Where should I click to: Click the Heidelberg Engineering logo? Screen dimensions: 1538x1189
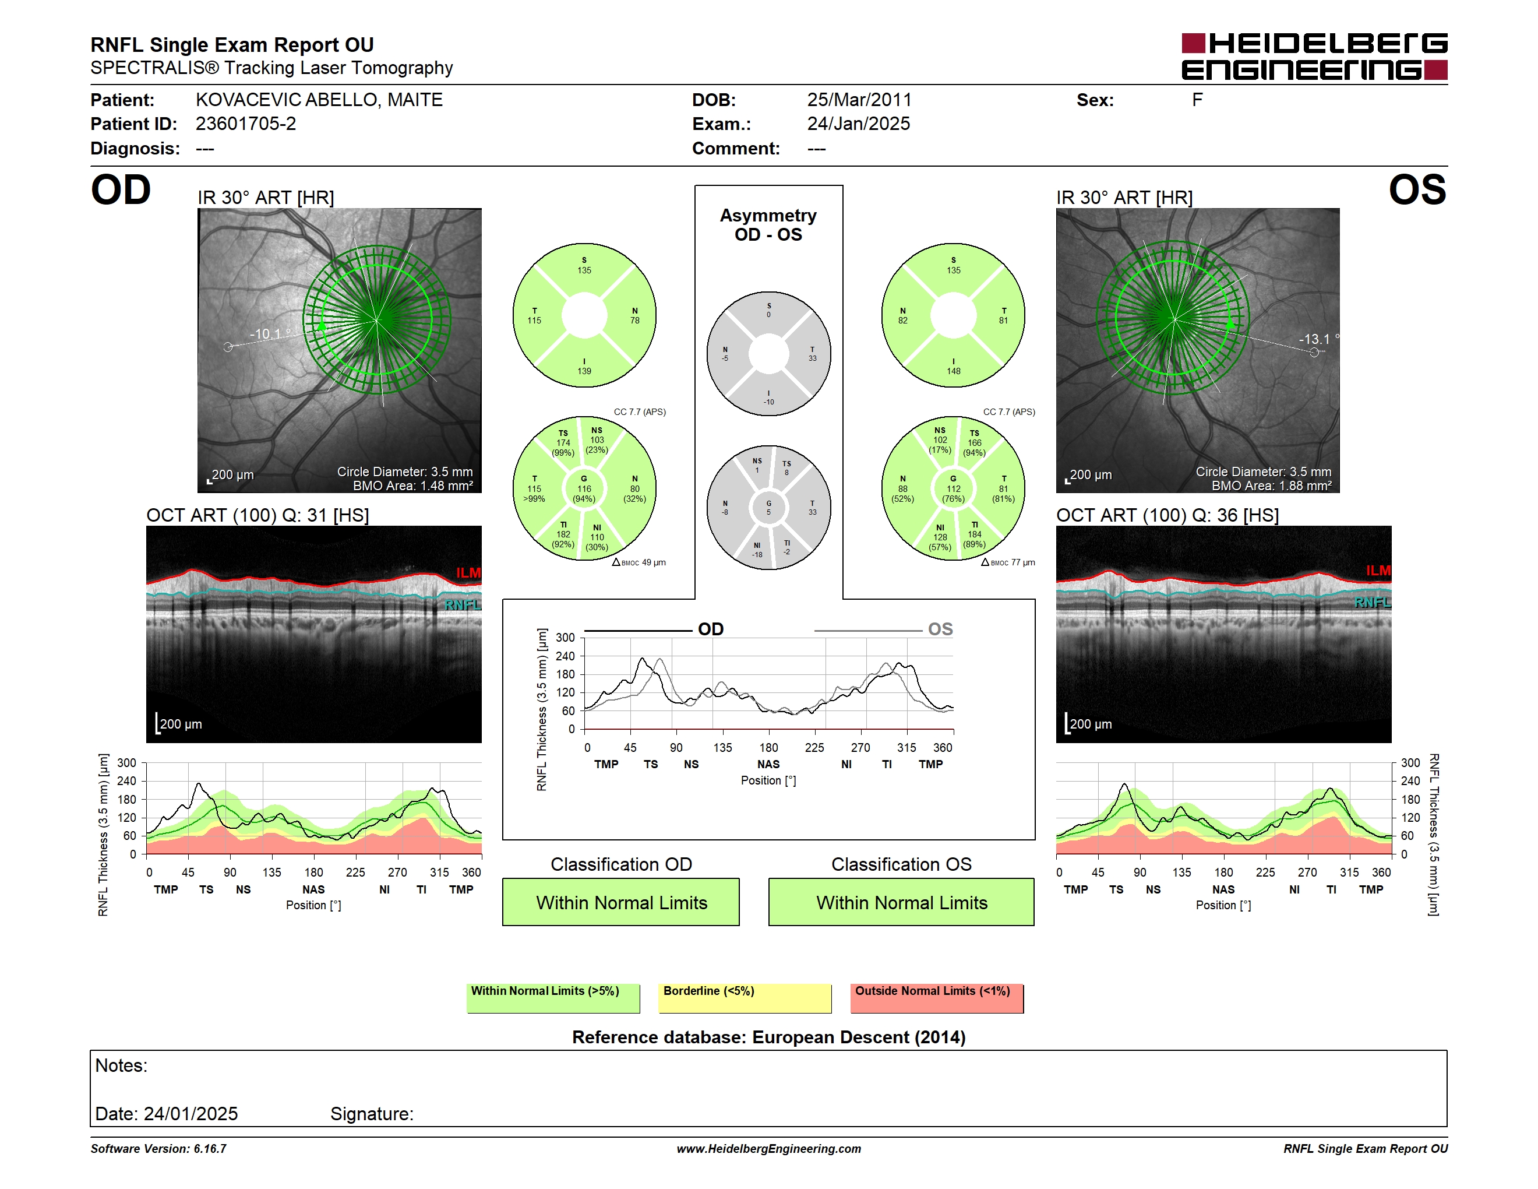[x=1314, y=57]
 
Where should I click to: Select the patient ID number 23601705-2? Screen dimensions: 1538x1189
[x=246, y=124]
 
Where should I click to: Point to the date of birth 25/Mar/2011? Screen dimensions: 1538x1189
[x=859, y=100]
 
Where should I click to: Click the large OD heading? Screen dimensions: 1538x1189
[x=121, y=190]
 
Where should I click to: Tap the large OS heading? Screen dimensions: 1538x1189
[x=1417, y=190]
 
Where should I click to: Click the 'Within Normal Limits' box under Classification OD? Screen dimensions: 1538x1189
[x=621, y=902]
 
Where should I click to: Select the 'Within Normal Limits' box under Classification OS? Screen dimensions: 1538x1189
[x=901, y=902]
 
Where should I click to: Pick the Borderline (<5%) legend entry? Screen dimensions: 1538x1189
[x=745, y=998]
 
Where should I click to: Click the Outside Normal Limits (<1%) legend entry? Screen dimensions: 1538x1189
[x=937, y=998]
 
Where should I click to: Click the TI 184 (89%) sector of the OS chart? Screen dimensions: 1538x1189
[x=975, y=534]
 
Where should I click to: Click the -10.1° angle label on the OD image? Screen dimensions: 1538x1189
[x=270, y=334]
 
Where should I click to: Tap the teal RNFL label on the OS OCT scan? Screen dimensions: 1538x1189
[x=1373, y=602]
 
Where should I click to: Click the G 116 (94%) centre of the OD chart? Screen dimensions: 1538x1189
[x=584, y=489]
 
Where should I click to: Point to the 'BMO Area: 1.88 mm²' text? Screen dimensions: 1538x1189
[x=1271, y=486]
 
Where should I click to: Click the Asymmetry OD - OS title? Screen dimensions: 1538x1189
[x=768, y=225]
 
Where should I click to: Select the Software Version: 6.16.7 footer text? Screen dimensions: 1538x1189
[x=158, y=1149]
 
